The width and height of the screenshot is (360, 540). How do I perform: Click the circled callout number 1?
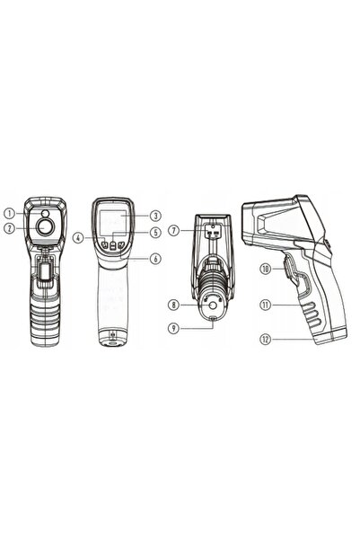click(x=10, y=214)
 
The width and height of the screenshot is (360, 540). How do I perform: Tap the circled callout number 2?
click(x=10, y=228)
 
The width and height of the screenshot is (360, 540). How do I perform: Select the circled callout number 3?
click(x=155, y=216)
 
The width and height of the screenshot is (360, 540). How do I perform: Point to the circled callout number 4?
click(x=79, y=237)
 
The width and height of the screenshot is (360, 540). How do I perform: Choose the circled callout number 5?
click(x=155, y=233)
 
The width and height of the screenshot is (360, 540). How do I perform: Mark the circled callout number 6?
click(x=155, y=259)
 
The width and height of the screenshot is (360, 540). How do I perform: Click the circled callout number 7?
click(x=174, y=230)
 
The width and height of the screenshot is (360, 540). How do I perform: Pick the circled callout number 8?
click(x=174, y=305)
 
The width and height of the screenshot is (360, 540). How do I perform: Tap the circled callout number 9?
click(x=174, y=328)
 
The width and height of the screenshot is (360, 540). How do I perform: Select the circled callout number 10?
click(x=266, y=269)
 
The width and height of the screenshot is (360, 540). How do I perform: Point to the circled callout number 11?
click(x=266, y=305)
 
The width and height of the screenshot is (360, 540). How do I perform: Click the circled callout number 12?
click(x=266, y=340)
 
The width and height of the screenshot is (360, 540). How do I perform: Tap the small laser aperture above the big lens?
click(x=45, y=214)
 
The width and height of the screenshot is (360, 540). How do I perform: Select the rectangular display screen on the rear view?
click(x=112, y=222)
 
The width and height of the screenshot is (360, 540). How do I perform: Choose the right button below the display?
click(x=120, y=245)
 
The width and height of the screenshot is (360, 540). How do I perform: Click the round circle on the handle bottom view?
click(x=214, y=305)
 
